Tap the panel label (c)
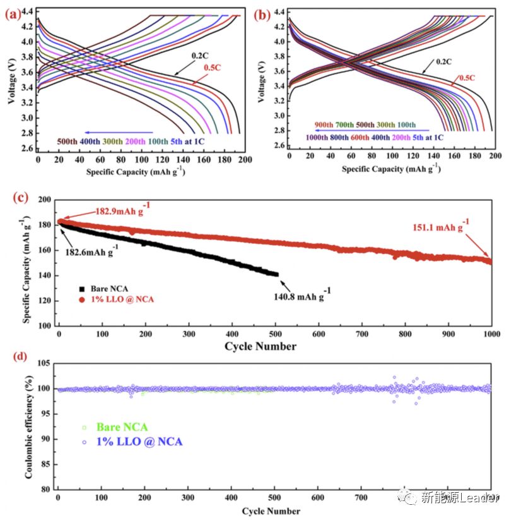point(18,197)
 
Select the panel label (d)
point(18,358)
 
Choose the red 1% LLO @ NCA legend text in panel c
point(119,299)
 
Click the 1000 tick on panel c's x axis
point(491,334)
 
